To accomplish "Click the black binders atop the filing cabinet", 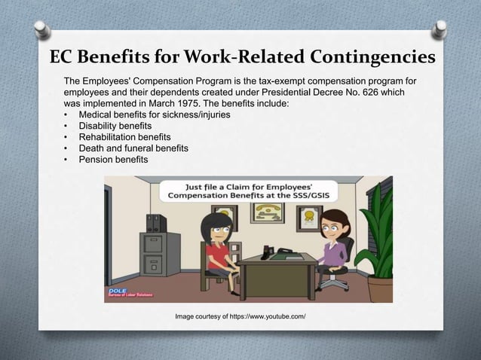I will tap(157, 224).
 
